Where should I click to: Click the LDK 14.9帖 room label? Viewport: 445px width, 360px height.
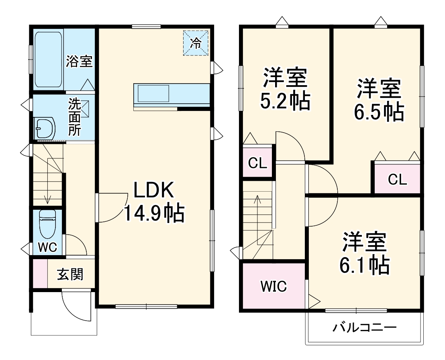[153, 202]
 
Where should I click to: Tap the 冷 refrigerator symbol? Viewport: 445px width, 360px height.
[196, 43]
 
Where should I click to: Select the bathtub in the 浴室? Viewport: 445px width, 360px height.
[48, 60]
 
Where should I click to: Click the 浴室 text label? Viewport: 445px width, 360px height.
[79, 61]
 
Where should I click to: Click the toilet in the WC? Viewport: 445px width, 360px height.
[47, 224]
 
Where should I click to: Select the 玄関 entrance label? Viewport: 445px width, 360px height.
[70, 274]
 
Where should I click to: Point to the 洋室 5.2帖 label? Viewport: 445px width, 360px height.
[285, 90]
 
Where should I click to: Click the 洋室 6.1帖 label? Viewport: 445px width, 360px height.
[364, 253]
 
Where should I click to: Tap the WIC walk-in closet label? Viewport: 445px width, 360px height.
[274, 286]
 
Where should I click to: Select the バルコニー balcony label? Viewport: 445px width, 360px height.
[364, 327]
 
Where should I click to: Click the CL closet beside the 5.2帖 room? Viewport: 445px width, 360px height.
[257, 163]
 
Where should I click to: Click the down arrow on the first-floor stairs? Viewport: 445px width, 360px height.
[48, 200]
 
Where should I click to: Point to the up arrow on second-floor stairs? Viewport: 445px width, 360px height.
[257, 199]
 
